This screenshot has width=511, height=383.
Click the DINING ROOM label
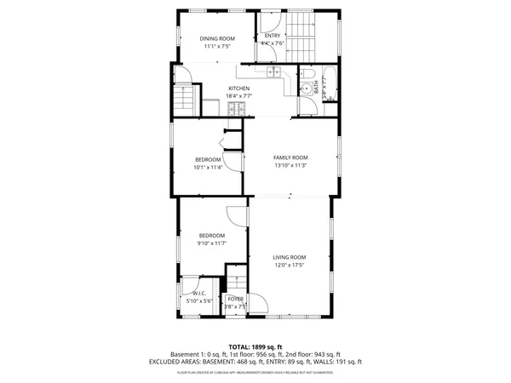pyautogui.click(x=216, y=38)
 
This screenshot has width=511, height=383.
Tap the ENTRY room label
pyautogui.click(x=272, y=36)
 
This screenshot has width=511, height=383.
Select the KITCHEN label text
pyautogui.click(x=238, y=89)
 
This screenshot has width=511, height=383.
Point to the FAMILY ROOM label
pyautogui.click(x=290, y=157)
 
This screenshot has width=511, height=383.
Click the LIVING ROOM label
pyautogui.click(x=289, y=257)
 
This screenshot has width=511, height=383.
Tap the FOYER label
pyautogui.click(x=236, y=299)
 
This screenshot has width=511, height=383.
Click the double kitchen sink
pyautogui.click(x=273, y=72)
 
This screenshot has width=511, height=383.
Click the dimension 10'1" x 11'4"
pyautogui.click(x=208, y=167)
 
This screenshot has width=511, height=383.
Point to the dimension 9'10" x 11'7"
pyautogui.click(x=212, y=243)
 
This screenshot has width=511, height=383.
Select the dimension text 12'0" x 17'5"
pyautogui.click(x=289, y=265)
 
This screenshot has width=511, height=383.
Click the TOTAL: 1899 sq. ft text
pyautogui.click(x=255, y=346)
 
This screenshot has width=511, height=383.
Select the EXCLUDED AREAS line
pyautogui.click(x=255, y=361)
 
